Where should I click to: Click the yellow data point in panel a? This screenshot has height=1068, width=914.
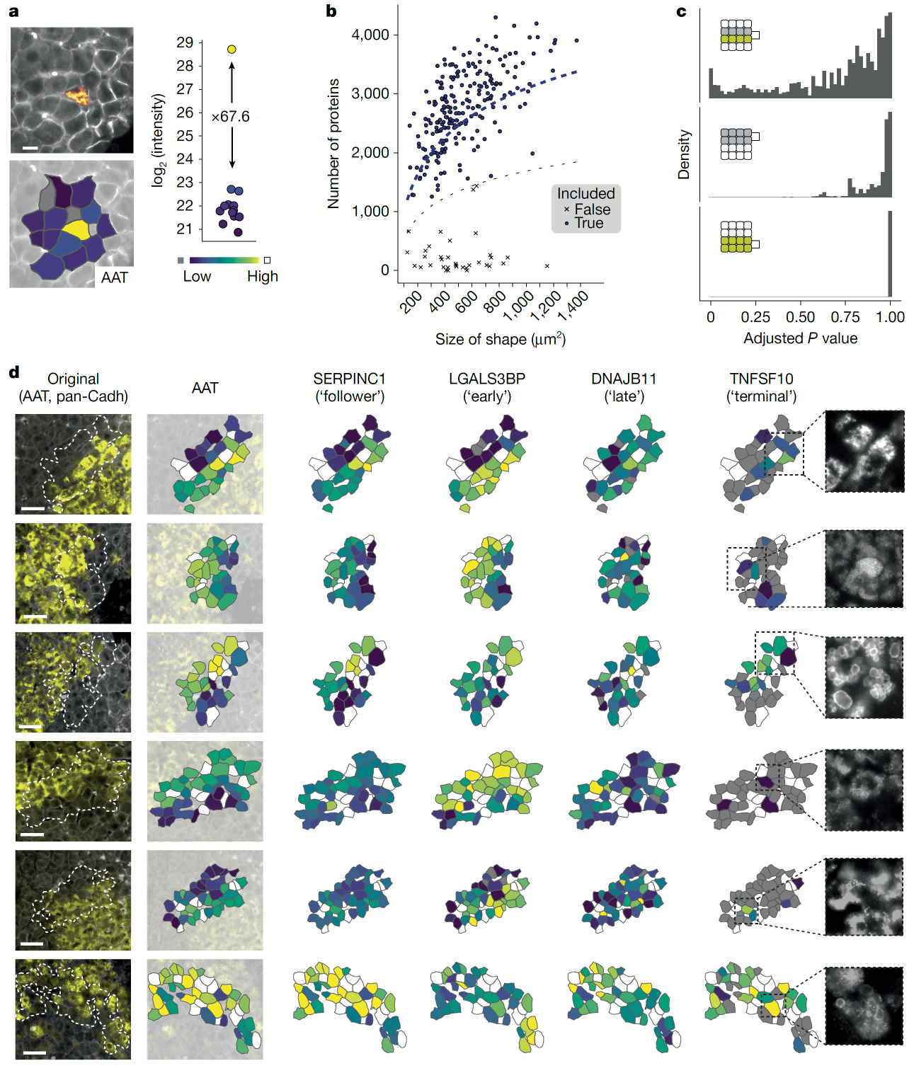pyautogui.click(x=232, y=49)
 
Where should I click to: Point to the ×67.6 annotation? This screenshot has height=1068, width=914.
pyautogui.click(x=231, y=116)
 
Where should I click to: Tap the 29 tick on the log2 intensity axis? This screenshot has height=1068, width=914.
pyautogui.click(x=185, y=43)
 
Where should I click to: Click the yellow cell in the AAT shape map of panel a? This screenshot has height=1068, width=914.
pyautogui.click(x=76, y=229)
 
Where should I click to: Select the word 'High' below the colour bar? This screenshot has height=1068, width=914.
pyautogui.click(x=262, y=277)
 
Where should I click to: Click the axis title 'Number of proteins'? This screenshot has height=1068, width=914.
pyautogui.click(x=333, y=144)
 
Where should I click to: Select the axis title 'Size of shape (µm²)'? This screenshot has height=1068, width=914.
pyautogui.click(x=500, y=339)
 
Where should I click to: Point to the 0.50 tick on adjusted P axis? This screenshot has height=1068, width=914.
pyautogui.click(x=800, y=317)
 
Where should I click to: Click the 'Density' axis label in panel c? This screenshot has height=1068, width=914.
pyautogui.click(x=683, y=154)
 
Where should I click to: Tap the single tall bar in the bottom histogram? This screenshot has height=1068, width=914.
pyautogui.click(x=889, y=253)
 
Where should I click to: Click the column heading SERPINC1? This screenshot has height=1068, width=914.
pyautogui.click(x=349, y=379)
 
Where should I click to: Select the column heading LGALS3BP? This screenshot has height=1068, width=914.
pyautogui.click(x=487, y=379)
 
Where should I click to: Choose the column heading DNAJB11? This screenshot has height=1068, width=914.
pyautogui.click(x=624, y=379)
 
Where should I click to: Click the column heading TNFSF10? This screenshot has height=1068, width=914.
pyautogui.click(x=762, y=379)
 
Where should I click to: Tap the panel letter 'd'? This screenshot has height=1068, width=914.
pyautogui.click(x=14, y=372)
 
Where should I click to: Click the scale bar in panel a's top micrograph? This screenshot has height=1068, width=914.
pyautogui.click(x=29, y=149)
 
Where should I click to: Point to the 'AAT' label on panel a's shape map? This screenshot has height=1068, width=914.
pyautogui.click(x=114, y=277)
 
